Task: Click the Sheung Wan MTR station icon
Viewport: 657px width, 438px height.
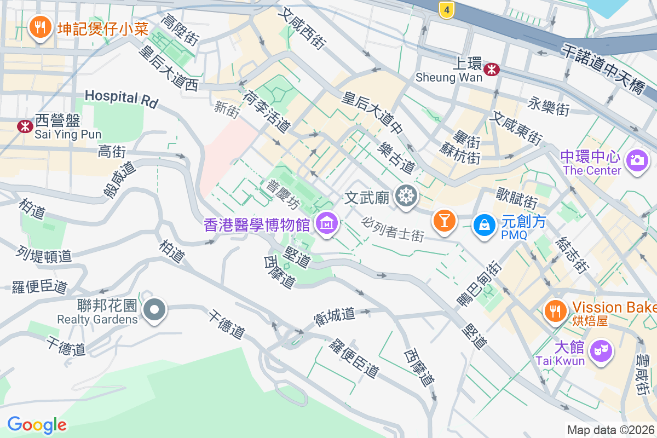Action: click(x=492, y=68)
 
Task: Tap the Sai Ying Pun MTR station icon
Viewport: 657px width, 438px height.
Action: click(x=25, y=126)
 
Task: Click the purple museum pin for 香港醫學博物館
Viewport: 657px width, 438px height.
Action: click(x=326, y=224)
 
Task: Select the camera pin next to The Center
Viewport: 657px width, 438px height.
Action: click(x=636, y=160)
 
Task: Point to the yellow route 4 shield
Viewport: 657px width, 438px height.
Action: click(x=447, y=9)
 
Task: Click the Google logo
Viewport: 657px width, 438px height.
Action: click(x=37, y=425)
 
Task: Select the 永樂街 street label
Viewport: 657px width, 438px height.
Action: click(x=549, y=106)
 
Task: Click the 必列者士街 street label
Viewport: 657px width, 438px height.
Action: click(x=393, y=229)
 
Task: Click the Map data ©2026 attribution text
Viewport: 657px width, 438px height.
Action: click(x=610, y=430)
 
